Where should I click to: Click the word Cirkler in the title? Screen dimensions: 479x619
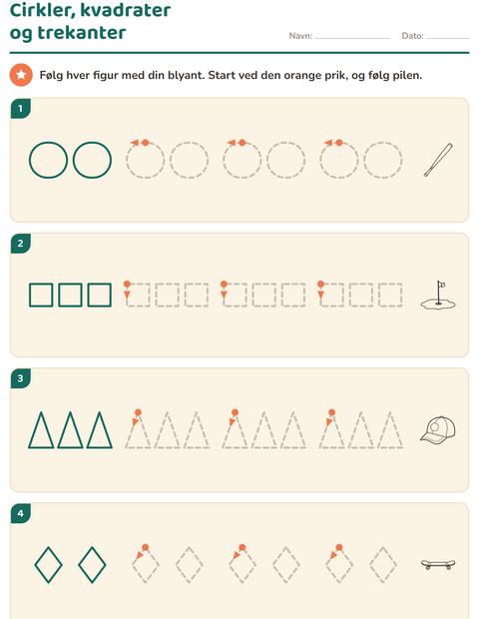coord(40,10)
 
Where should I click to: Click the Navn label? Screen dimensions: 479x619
coord(300,36)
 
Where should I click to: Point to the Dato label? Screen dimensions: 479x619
coord(413,36)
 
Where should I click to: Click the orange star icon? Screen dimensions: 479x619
coord(21,75)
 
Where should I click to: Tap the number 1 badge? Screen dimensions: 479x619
coord(21,108)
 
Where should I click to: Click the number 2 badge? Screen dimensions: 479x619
coord(21,244)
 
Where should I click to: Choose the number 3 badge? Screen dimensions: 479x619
coord(21,378)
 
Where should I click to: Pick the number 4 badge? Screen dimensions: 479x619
coord(21,513)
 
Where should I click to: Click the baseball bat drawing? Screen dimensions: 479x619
coord(438,160)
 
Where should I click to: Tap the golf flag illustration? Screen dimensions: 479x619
coord(438,296)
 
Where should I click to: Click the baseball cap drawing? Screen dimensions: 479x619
coord(438,429)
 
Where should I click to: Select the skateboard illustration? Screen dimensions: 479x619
coord(438,564)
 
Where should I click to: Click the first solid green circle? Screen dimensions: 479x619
coord(29,160)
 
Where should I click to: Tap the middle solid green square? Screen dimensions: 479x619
coord(59,295)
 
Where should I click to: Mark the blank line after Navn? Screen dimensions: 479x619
coord(352,38)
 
